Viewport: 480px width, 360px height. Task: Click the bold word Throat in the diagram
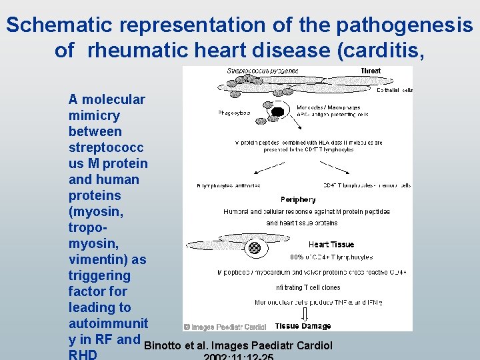(x=370, y=71)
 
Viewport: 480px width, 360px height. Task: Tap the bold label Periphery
(x=298, y=199)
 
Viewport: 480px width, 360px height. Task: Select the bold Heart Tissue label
(x=331, y=245)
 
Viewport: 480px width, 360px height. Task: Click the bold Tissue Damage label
(x=303, y=326)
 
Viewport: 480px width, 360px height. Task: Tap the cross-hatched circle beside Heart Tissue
(x=254, y=247)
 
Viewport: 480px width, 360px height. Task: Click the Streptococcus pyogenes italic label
(x=262, y=71)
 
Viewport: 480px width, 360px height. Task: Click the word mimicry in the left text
(x=95, y=115)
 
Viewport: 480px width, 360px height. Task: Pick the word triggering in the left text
(x=99, y=275)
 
